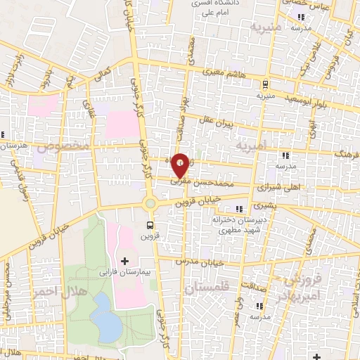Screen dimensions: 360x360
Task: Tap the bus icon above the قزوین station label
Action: point(150,225)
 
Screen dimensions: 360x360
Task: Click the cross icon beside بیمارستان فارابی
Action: point(125,262)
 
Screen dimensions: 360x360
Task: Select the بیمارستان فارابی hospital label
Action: point(125,271)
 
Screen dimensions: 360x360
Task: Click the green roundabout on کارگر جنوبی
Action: point(149,205)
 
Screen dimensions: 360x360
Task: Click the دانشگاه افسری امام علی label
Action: point(212,8)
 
